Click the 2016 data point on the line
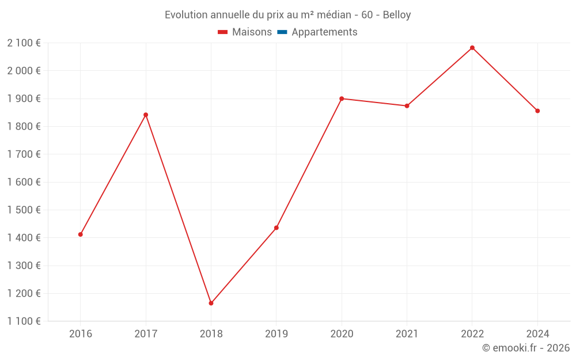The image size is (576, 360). pyautogui.click(x=81, y=234)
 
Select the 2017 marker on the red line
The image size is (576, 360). pyautogui.click(x=146, y=115)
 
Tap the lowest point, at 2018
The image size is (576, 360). pyautogui.click(x=211, y=303)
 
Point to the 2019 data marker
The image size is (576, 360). pyautogui.click(x=276, y=228)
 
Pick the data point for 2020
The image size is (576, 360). pyautogui.click(x=342, y=98)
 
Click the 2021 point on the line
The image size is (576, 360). pyautogui.click(x=407, y=106)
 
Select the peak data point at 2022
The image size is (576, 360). pyautogui.click(x=472, y=48)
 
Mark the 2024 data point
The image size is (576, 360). pyautogui.click(x=537, y=111)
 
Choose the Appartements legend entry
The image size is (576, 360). pyautogui.click(x=324, y=32)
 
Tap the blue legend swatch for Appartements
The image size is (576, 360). pyautogui.click(x=282, y=32)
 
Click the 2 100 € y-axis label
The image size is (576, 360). pyautogui.click(x=24, y=43)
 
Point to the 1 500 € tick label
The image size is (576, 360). pyautogui.click(x=24, y=210)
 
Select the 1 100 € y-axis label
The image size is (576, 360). pyautogui.click(x=24, y=321)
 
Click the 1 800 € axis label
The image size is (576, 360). pyautogui.click(x=24, y=126)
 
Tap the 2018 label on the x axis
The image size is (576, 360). pyautogui.click(x=211, y=334)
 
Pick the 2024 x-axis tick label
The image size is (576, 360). pyautogui.click(x=537, y=334)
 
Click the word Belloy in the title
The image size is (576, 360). pyautogui.click(x=397, y=15)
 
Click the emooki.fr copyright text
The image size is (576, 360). pyautogui.click(x=526, y=348)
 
